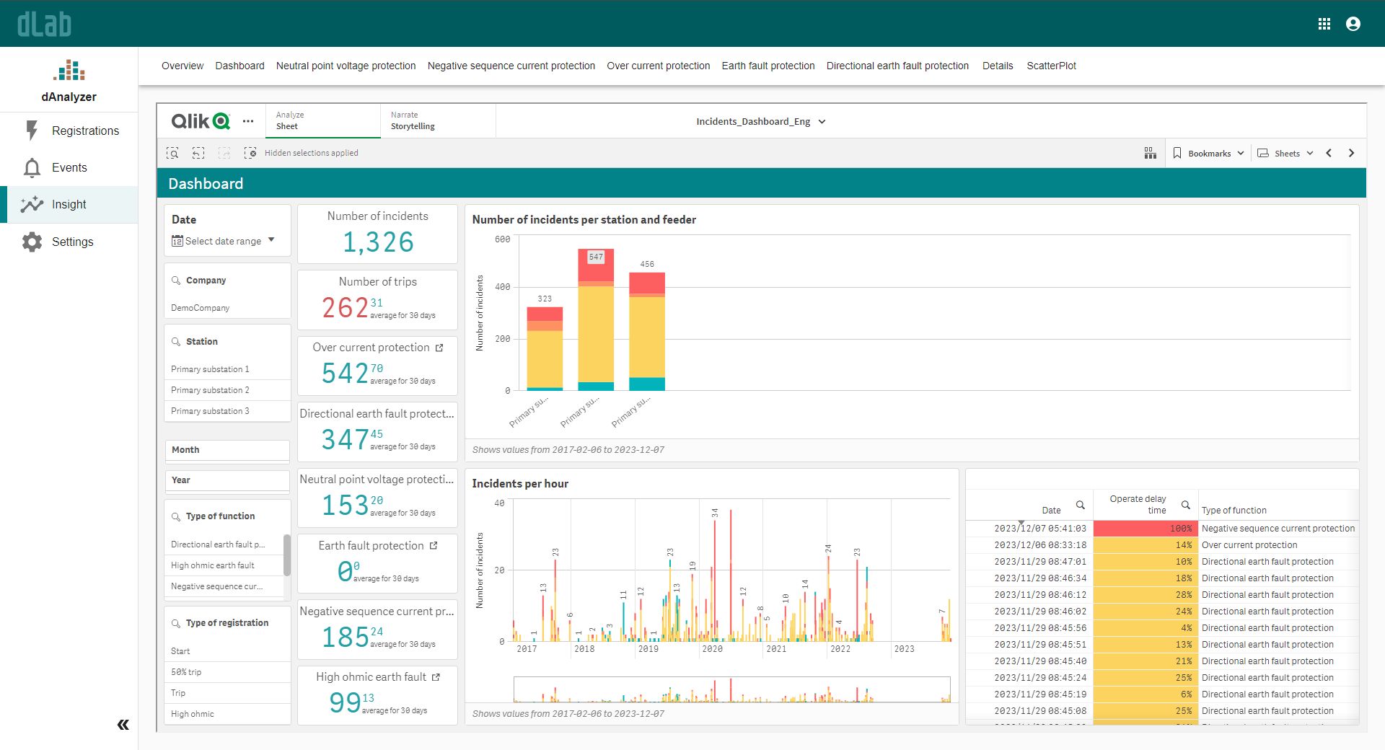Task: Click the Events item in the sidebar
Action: pyautogui.click(x=69, y=167)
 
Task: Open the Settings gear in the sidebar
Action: pyautogui.click(x=32, y=242)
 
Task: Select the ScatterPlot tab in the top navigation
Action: pyautogui.click(x=1051, y=66)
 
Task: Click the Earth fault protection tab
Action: pyautogui.click(x=768, y=66)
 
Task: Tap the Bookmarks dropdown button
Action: pyautogui.click(x=1209, y=153)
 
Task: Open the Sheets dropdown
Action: pyautogui.click(x=1286, y=153)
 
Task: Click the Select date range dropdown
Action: pyautogui.click(x=223, y=241)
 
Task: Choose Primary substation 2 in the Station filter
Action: pyautogui.click(x=210, y=390)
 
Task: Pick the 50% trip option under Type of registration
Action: pyautogui.click(x=186, y=672)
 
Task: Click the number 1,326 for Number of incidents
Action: pyautogui.click(x=378, y=242)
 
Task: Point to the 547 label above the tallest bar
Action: pyautogui.click(x=595, y=257)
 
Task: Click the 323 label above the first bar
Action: pyautogui.click(x=545, y=299)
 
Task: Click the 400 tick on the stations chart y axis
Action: pyautogui.click(x=502, y=287)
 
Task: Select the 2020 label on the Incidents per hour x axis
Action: pyautogui.click(x=712, y=649)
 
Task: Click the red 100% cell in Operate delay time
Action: pyautogui.click(x=1145, y=529)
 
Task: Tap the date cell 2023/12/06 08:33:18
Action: pyautogui.click(x=1039, y=545)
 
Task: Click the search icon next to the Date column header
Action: pyautogui.click(x=1080, y=505)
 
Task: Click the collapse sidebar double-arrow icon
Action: pyautogui.click(x=123, y=725)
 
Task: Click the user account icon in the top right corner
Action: pyautogui.click(x=1353, y=24)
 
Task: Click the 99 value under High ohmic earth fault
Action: pyautogui.click(x=345, y=702)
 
